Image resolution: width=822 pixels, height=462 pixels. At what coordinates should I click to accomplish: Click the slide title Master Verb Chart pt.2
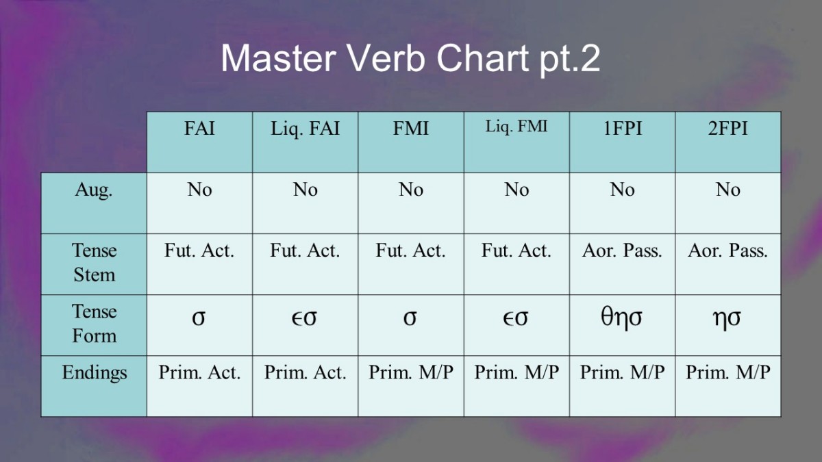pos(410,59)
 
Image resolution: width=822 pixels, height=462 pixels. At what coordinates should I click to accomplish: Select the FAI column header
pos(199,129)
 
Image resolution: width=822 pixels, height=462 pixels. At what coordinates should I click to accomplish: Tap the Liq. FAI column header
pos(305,129)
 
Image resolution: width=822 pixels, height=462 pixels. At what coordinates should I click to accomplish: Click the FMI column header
pos(410,129)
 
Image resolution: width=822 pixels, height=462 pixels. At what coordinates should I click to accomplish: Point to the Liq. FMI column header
pos(516,127)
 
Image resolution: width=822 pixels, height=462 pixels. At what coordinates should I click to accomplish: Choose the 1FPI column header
pos(623,129)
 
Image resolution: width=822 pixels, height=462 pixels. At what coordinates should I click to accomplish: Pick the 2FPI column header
pos(727,129)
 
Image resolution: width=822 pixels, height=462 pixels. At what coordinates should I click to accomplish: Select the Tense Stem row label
pos(95,262)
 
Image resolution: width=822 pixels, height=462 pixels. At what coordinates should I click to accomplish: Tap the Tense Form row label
pos(95,323)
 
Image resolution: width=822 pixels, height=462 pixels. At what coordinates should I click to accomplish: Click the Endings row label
pos(95,373)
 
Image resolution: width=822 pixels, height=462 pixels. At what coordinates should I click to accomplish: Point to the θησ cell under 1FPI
pos(622,318)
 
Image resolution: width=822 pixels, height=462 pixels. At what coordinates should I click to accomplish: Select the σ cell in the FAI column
pos(199,318)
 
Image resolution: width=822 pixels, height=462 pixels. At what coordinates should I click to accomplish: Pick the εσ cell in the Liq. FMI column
pos(516,318)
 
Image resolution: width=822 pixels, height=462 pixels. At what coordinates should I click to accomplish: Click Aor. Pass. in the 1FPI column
pos(622,251)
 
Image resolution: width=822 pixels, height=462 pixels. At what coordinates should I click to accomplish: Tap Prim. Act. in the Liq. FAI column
pos(306,372)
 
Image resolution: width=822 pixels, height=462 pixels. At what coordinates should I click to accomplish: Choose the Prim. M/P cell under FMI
pos(411,372)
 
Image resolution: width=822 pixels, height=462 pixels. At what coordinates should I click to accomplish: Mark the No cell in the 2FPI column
pos(728,190)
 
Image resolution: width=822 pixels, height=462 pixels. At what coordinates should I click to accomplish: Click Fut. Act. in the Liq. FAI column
pos(305,251)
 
